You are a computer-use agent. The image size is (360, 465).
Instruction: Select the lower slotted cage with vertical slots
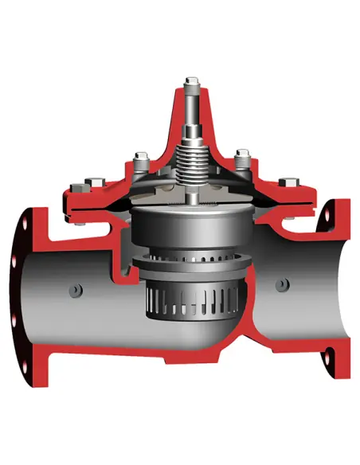pyautogui.click(x=191, y=307)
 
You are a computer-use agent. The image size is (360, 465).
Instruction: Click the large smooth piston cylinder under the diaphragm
pyautogui.click(x=191, y=227)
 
